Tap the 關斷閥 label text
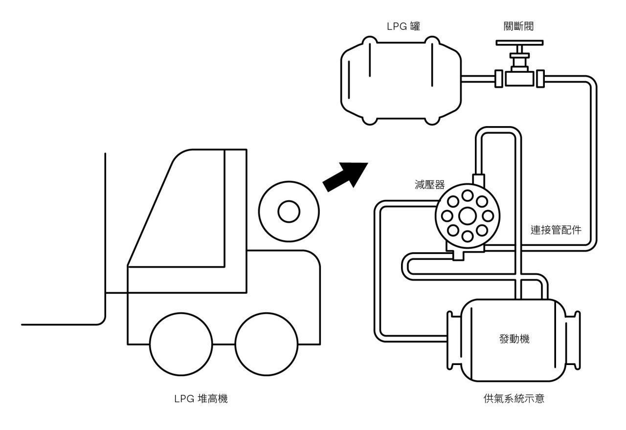tap(520, 26)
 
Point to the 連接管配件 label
tap(556, 230)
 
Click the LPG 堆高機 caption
tap(201, 399)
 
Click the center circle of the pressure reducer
tap(467, 215)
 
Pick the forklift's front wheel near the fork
tap(180, 344)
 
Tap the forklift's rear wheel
tap(266, 344)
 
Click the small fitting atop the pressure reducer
tap(478, 179)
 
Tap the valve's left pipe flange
tap(499, 78)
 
